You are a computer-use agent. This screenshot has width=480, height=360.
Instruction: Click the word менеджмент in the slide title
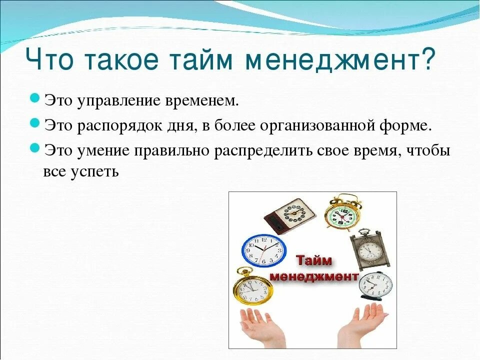338,61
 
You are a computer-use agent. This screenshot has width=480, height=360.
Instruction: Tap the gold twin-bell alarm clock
342,213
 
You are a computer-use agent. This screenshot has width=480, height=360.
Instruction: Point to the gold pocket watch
252,290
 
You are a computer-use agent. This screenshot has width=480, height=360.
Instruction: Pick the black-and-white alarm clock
375,285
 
